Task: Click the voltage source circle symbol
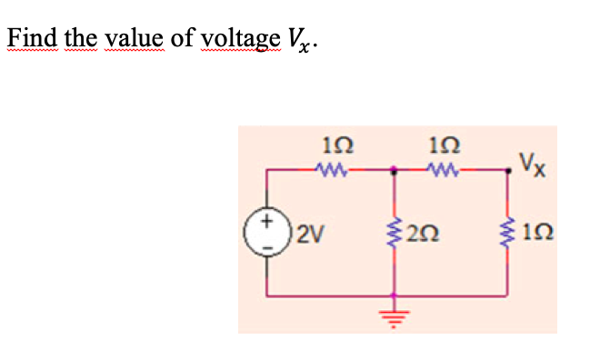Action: click(x=265, y=231)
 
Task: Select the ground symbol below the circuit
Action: click(x=394, y=313)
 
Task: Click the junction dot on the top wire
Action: click(x=394, y=169)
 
